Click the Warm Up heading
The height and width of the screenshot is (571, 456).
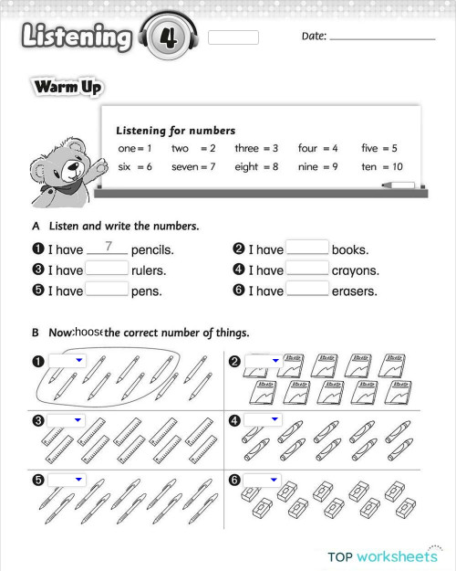point(67,88)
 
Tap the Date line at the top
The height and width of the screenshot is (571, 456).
point(382,37)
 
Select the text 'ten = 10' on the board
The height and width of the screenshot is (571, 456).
point(381,167)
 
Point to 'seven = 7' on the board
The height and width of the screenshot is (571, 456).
point(193,167)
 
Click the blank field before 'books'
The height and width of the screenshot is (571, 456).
point(307,248)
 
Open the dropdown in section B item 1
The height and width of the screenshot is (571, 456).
point(66,361)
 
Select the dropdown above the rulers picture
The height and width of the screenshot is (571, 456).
point(66,420)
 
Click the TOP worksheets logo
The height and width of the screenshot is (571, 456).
point(383,554)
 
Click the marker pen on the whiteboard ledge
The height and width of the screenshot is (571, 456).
point(398,185)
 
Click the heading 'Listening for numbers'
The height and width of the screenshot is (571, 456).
point(176,131)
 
